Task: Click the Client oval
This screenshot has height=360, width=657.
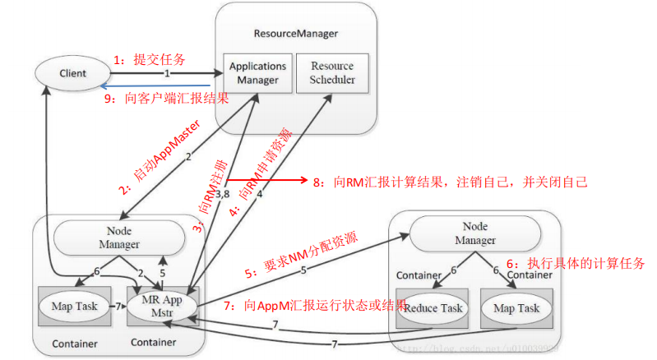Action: [x=73, y=74]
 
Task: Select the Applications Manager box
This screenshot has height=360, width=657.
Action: [x=257, y=72]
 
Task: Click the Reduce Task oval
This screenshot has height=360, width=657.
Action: [x=433, y=308]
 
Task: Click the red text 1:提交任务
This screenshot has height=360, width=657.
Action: [x=149, y=59]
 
